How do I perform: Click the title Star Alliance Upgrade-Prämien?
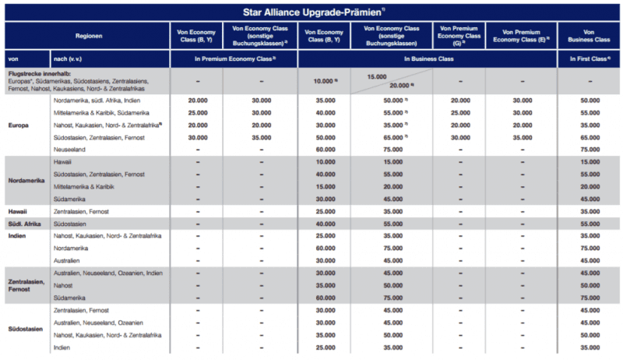point(311,12)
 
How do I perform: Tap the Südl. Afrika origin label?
point(25,223)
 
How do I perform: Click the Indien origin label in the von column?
point(17,235)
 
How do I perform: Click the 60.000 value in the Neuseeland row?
point(323,149)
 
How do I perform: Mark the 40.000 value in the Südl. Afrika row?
point(323,223)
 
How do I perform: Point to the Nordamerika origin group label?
point(28,180)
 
